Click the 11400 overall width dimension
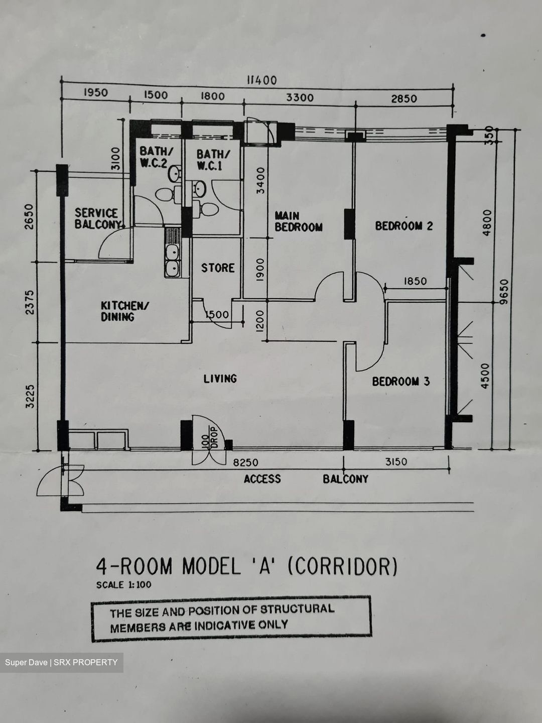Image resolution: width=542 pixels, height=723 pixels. pos(262,80)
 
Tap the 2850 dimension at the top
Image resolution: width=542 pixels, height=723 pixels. pos(404,98)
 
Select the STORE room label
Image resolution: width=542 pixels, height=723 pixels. pos(218,268)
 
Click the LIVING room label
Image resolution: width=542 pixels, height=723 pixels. pos(220,379)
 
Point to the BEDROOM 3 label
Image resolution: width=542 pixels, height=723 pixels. pos(401,381)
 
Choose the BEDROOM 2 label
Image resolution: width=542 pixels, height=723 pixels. pos(404,225)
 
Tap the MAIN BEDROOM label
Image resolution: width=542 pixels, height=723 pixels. pos(299,221)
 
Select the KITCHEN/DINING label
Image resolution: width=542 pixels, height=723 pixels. pos(125,311)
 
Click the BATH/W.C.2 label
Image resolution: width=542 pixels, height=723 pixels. pos(154,157)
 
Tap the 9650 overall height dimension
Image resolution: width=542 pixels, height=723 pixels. pos(504,292)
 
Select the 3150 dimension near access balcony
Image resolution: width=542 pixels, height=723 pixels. pos(396,461)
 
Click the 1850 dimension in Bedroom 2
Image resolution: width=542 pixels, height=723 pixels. pos(415,281)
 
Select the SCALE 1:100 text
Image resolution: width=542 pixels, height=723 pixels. pos(124,584)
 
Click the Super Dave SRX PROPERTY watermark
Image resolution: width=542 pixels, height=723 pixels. pos(61,662)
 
